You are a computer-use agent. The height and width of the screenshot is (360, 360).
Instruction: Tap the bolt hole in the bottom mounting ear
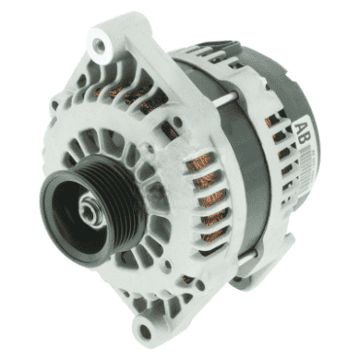point(144,330)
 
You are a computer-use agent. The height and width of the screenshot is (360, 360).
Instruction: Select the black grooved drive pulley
point(92,210)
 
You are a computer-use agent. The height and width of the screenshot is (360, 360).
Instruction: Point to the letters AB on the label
point(302,133)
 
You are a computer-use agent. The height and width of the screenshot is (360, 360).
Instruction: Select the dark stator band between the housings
point(243,160)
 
